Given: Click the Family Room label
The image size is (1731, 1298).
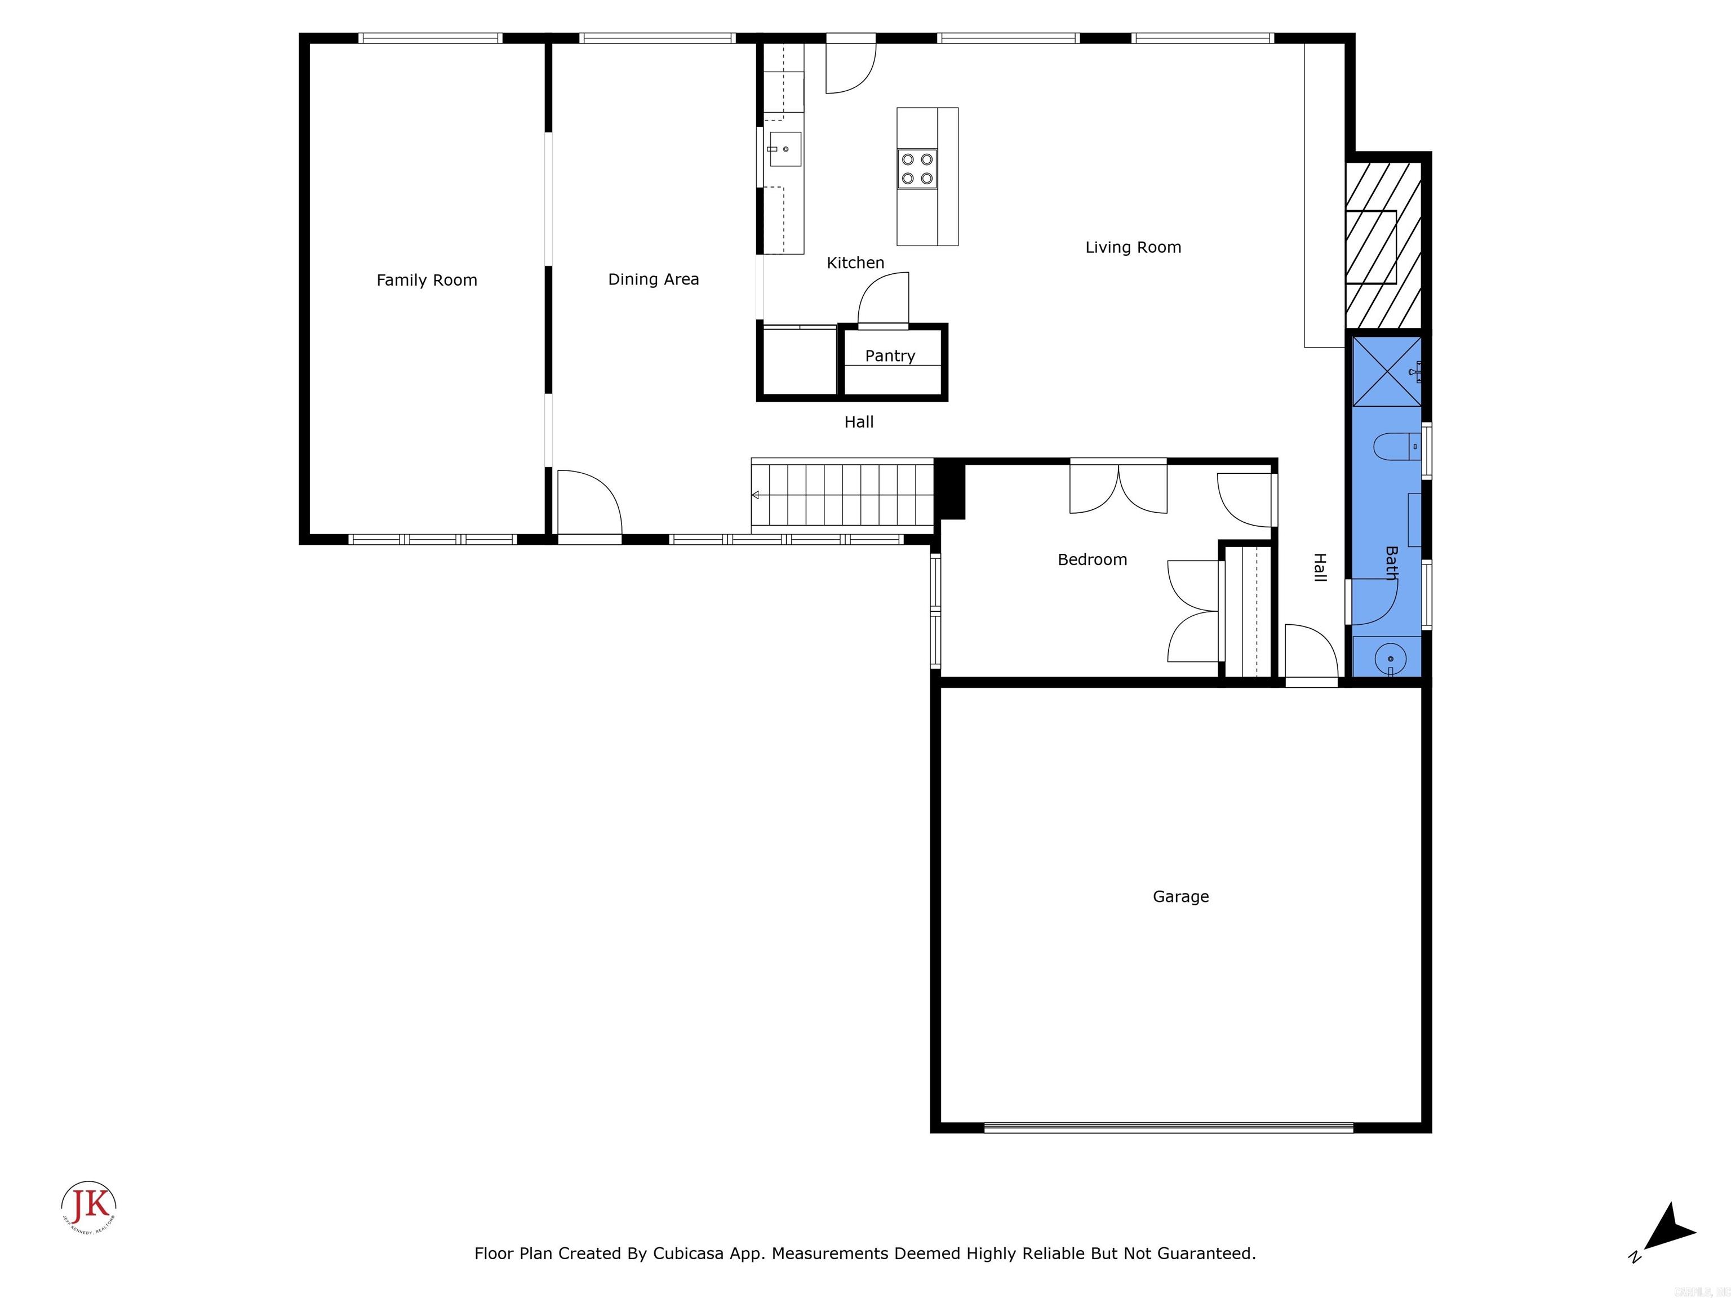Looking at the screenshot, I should coord(427,280).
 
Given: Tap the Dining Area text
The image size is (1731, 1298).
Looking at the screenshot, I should coord(654,279).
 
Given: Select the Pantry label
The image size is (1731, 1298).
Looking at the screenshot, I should coord(890,356).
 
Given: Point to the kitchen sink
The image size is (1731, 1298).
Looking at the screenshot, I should coord(785,149).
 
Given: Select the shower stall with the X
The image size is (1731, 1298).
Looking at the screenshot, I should coord(1387,372).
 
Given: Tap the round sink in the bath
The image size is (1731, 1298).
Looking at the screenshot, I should coord(1390,658).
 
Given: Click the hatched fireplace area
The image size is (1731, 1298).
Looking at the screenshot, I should coord(1383,246).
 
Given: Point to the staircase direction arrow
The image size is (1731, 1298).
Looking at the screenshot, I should coord(755,495).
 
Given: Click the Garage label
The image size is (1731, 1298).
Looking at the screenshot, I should coord(1180,897).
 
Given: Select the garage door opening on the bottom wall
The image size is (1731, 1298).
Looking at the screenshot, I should coord(1168,1127).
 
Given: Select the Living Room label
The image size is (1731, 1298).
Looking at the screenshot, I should coord(1133,247).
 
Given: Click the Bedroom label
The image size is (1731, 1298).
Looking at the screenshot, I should coord(1091,559).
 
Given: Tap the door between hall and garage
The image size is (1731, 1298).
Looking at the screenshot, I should coord(1311,654).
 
